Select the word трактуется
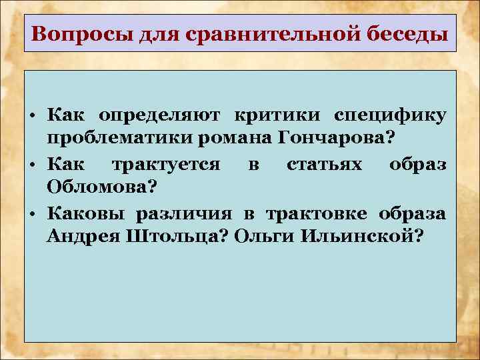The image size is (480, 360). click(165, 163)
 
